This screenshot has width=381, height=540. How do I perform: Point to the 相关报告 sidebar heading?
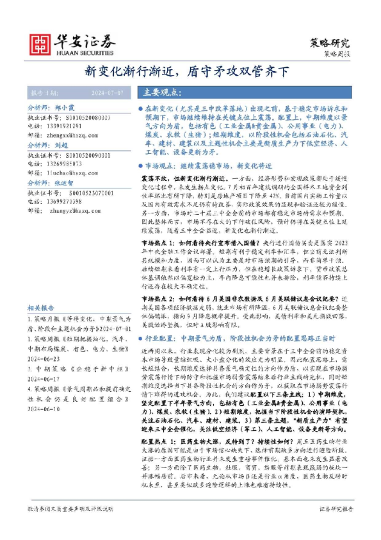click(x=41, y=308)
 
